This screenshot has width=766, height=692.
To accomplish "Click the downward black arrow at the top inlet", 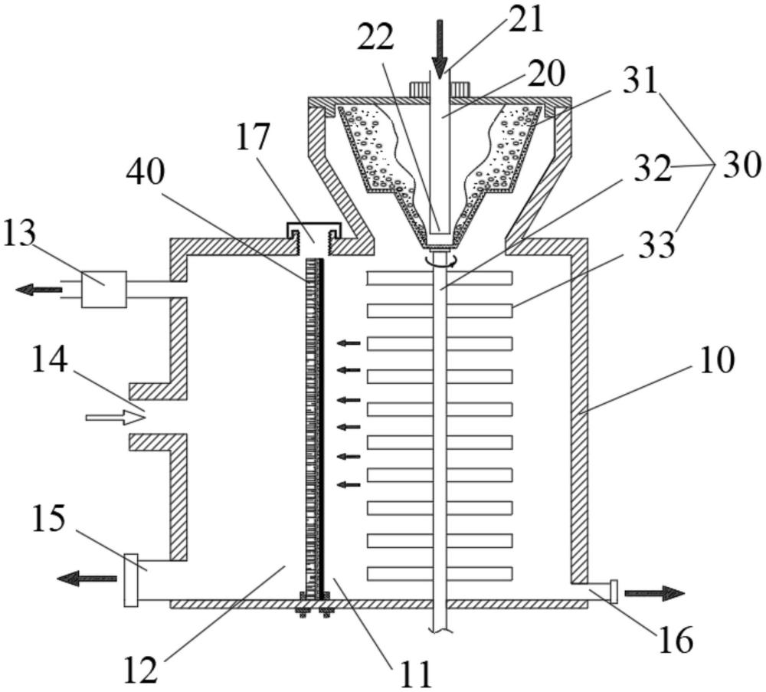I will [x=439, y=50].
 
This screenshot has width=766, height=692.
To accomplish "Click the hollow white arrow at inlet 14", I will [x=115, y=418].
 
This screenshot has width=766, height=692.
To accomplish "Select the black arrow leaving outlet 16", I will [x=653, y=593].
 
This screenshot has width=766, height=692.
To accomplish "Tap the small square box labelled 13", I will [x=103, y=289].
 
